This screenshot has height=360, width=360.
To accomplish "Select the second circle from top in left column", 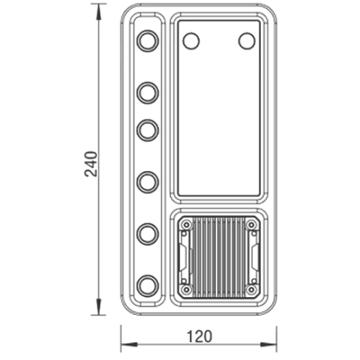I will [x=148, y=92].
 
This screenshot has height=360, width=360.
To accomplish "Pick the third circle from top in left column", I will [x=148, y=130].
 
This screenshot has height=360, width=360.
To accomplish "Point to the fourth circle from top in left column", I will [x=148, y=181].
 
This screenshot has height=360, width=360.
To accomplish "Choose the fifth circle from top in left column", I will [x=148, y=232].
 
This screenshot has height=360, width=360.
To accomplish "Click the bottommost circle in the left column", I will [x=148, y=284].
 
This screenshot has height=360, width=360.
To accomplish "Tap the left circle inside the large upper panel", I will [x=190, y=40].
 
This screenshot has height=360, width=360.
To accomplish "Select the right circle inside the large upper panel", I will [x=247, y=40].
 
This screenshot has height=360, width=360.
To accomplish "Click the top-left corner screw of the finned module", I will [x=186, y=224].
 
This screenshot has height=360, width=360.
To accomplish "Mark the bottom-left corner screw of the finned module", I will [x=186, y=289].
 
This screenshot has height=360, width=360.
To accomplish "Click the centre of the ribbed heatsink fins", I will [x=218, y=256].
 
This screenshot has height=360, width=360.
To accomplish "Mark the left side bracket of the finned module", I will [x=182, y=256].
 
